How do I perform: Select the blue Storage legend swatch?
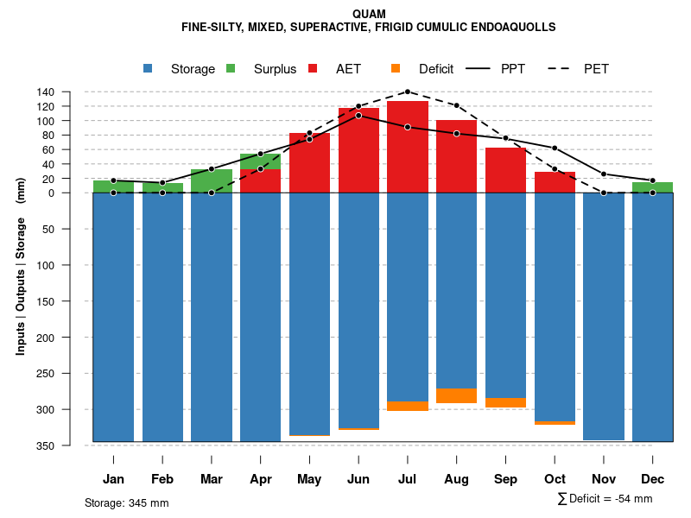[x=149, y=68]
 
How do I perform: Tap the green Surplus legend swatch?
[x=231, y=68]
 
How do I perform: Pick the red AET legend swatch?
[x=314, y=68]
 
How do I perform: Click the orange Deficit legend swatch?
[x=396, y=68]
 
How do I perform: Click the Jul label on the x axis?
[x=408, y=479]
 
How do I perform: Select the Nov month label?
[x=604, y=479]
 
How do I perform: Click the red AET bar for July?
[x=408, y=147]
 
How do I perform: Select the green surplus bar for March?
[x=212, y=181]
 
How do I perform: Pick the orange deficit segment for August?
[x=457, y=396]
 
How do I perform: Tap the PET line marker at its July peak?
[x=408, y=92]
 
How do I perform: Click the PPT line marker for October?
[x=555, y=148]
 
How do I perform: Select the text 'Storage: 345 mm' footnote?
[x=126, y=502]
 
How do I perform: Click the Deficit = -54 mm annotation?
[x=605, y=498]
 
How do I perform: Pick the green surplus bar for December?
[x=653, y=187]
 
